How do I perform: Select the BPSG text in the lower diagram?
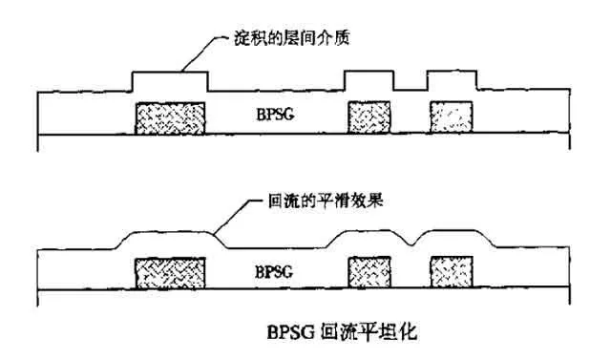point(276,269)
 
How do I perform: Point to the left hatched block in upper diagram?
point(171,116)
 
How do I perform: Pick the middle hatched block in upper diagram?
point(368,116)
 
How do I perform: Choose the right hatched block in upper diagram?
point(453,116)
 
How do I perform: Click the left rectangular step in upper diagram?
point(170,82)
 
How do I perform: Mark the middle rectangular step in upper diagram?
point(369,81)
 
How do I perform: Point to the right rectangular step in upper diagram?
point(453,81)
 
